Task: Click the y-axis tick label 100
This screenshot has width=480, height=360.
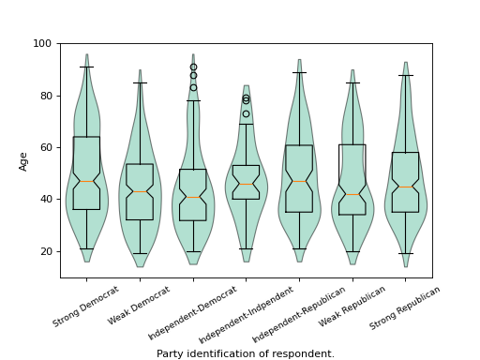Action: click(x=43, y=43)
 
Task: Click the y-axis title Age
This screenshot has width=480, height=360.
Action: click(x=23, y=160)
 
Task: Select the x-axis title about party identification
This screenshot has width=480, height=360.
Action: click(x=246, y=354)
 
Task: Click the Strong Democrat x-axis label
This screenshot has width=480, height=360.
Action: click(x=86, y=307)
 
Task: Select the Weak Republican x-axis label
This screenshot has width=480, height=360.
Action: click(x=352, y=307)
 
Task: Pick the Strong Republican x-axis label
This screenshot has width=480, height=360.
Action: click(x=404, y=308)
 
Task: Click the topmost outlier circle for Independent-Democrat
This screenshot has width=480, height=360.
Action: click(x=193, y=67)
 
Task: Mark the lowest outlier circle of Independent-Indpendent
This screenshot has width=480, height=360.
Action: click(x=247, y=113)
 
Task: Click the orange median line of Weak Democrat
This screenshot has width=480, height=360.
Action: click(x=140, y=191)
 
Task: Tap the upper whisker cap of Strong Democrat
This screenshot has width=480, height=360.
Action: click(x=86, y=67)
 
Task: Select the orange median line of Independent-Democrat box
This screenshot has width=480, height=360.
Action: click(x=193, y=197)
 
